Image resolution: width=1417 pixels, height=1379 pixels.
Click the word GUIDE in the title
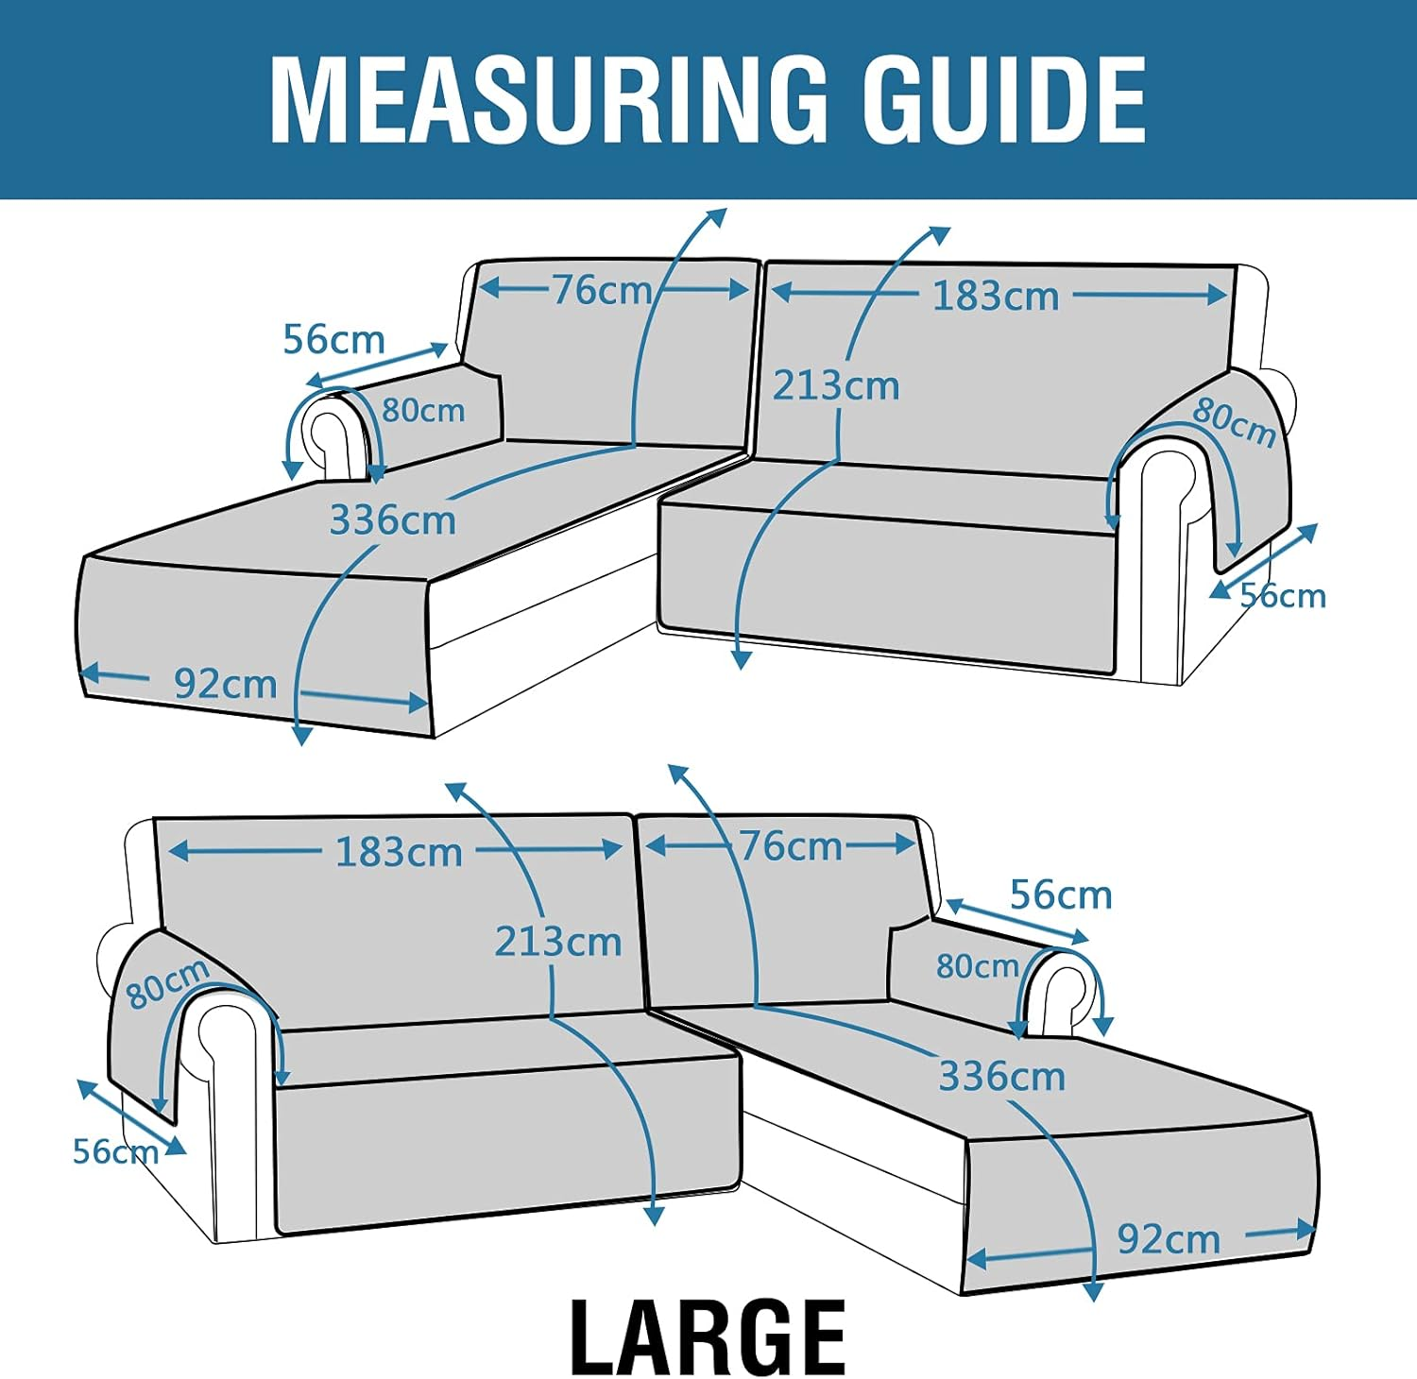[x=1004, y=99]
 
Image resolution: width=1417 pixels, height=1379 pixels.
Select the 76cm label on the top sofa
[x=602, y=290]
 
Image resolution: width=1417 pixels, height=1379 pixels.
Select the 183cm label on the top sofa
[x=996, y=297]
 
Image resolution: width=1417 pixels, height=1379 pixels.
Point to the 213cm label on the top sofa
[x=836, y=385]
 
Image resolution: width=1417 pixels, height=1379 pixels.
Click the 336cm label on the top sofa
[x=392, y=519]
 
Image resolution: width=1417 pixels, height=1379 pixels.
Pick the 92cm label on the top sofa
[x=225, y=684]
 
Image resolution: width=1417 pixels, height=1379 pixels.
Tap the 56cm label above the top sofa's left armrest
[x=333, y=339]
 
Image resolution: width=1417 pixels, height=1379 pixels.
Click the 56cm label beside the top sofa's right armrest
[x=1283, y=596]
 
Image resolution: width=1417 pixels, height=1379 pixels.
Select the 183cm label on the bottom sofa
[x=399, y=852]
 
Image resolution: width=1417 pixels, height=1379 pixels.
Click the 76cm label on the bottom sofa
[x=790, y=846]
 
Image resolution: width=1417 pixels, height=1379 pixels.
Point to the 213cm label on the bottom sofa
[x=557, y=942]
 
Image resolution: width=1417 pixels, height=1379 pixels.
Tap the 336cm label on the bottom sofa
[x=1001, y=1076]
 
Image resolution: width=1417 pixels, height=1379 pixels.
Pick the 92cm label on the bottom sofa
[x=1169, y=1239]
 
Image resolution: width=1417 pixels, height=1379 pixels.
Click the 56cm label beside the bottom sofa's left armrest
[x=115, y=1151]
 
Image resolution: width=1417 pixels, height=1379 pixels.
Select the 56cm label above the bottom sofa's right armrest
[x=1061, y=894]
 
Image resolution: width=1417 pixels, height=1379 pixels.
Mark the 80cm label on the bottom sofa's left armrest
[x=167, y=983]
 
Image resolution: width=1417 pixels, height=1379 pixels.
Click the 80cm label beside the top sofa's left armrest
[x=423, y=411]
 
